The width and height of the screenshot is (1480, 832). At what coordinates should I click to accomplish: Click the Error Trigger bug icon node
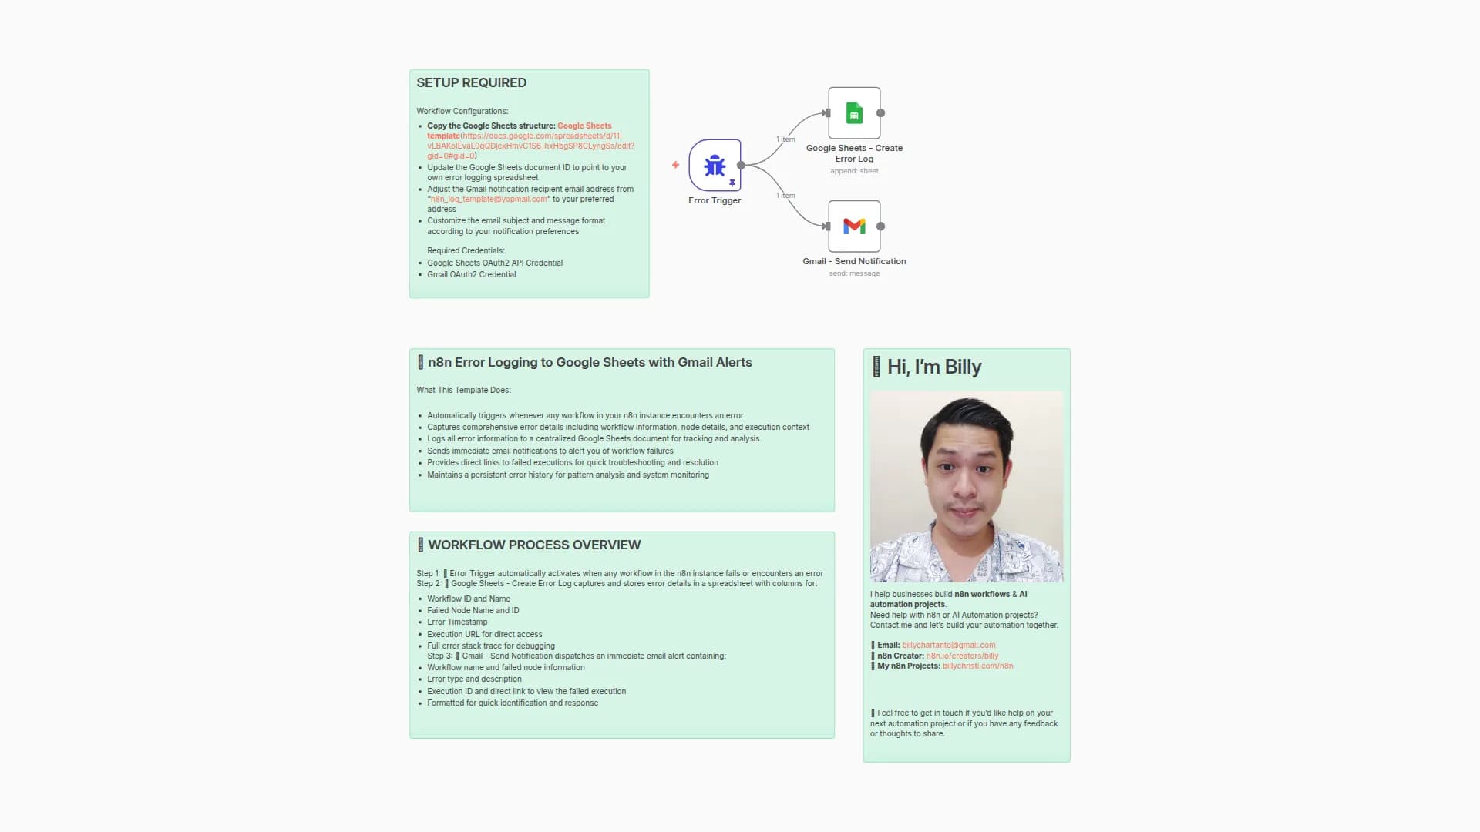(715, 165)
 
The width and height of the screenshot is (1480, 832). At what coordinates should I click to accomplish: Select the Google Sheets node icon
(854, 113)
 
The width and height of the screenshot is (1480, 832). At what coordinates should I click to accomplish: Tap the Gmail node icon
(854, 226)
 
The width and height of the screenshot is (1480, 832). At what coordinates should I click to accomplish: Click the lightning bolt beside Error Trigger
(675, 165)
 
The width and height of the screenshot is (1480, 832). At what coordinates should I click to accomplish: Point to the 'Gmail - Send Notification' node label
(854, 261)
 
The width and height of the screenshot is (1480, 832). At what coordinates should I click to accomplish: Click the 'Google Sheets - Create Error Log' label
(854, 153)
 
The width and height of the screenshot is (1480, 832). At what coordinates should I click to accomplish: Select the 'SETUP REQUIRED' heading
(472, 82)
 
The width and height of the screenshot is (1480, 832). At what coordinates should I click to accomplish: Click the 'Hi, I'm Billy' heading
(934, 367)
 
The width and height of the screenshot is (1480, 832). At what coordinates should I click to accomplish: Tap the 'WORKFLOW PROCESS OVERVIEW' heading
(534, 545)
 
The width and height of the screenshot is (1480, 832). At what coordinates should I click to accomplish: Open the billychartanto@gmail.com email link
(949, 646)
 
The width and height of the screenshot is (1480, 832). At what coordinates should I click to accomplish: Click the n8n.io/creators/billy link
(962, 656)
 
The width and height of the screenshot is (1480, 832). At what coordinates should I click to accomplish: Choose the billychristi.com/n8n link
(977, 666)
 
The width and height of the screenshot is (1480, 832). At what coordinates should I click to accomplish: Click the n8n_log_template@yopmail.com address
(489, 200)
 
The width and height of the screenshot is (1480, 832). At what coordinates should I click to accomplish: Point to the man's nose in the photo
(964, 483)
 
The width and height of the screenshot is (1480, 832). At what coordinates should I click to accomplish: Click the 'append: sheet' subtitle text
(854, 171)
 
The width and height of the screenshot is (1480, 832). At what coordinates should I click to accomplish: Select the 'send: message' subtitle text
(854, 273)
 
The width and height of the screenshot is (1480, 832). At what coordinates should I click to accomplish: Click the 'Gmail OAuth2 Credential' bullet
(472, 274)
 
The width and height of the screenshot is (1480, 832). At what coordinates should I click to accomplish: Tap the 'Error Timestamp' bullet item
(457, 622)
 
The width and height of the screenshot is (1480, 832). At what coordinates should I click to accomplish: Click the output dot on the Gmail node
(881, 226)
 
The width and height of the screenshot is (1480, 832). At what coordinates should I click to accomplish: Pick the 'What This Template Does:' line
(463, 391)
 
